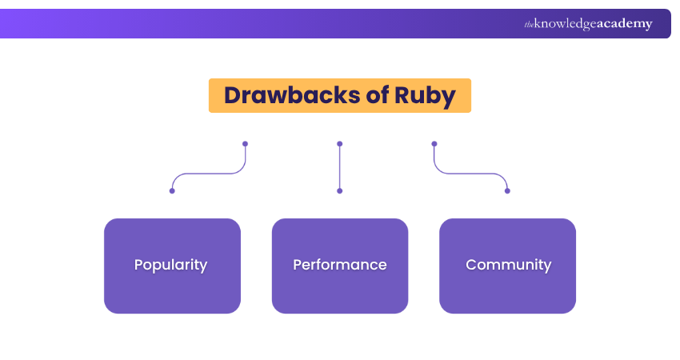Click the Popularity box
pos(172,266)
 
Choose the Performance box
pos(340,266)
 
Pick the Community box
pos(508,266)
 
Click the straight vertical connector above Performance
pos(340,168)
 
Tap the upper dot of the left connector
pos(245,144)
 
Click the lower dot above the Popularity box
pos(172,190)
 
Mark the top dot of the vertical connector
pos(340,144)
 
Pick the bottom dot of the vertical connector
pos(340,190)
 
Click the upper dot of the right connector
pos(434,144)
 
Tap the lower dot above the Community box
pos(507,190)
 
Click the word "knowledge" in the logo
pos(564,24)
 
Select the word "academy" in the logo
pos(623,24)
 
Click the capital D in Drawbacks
pos(233,96)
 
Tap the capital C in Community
pos(471,265)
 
